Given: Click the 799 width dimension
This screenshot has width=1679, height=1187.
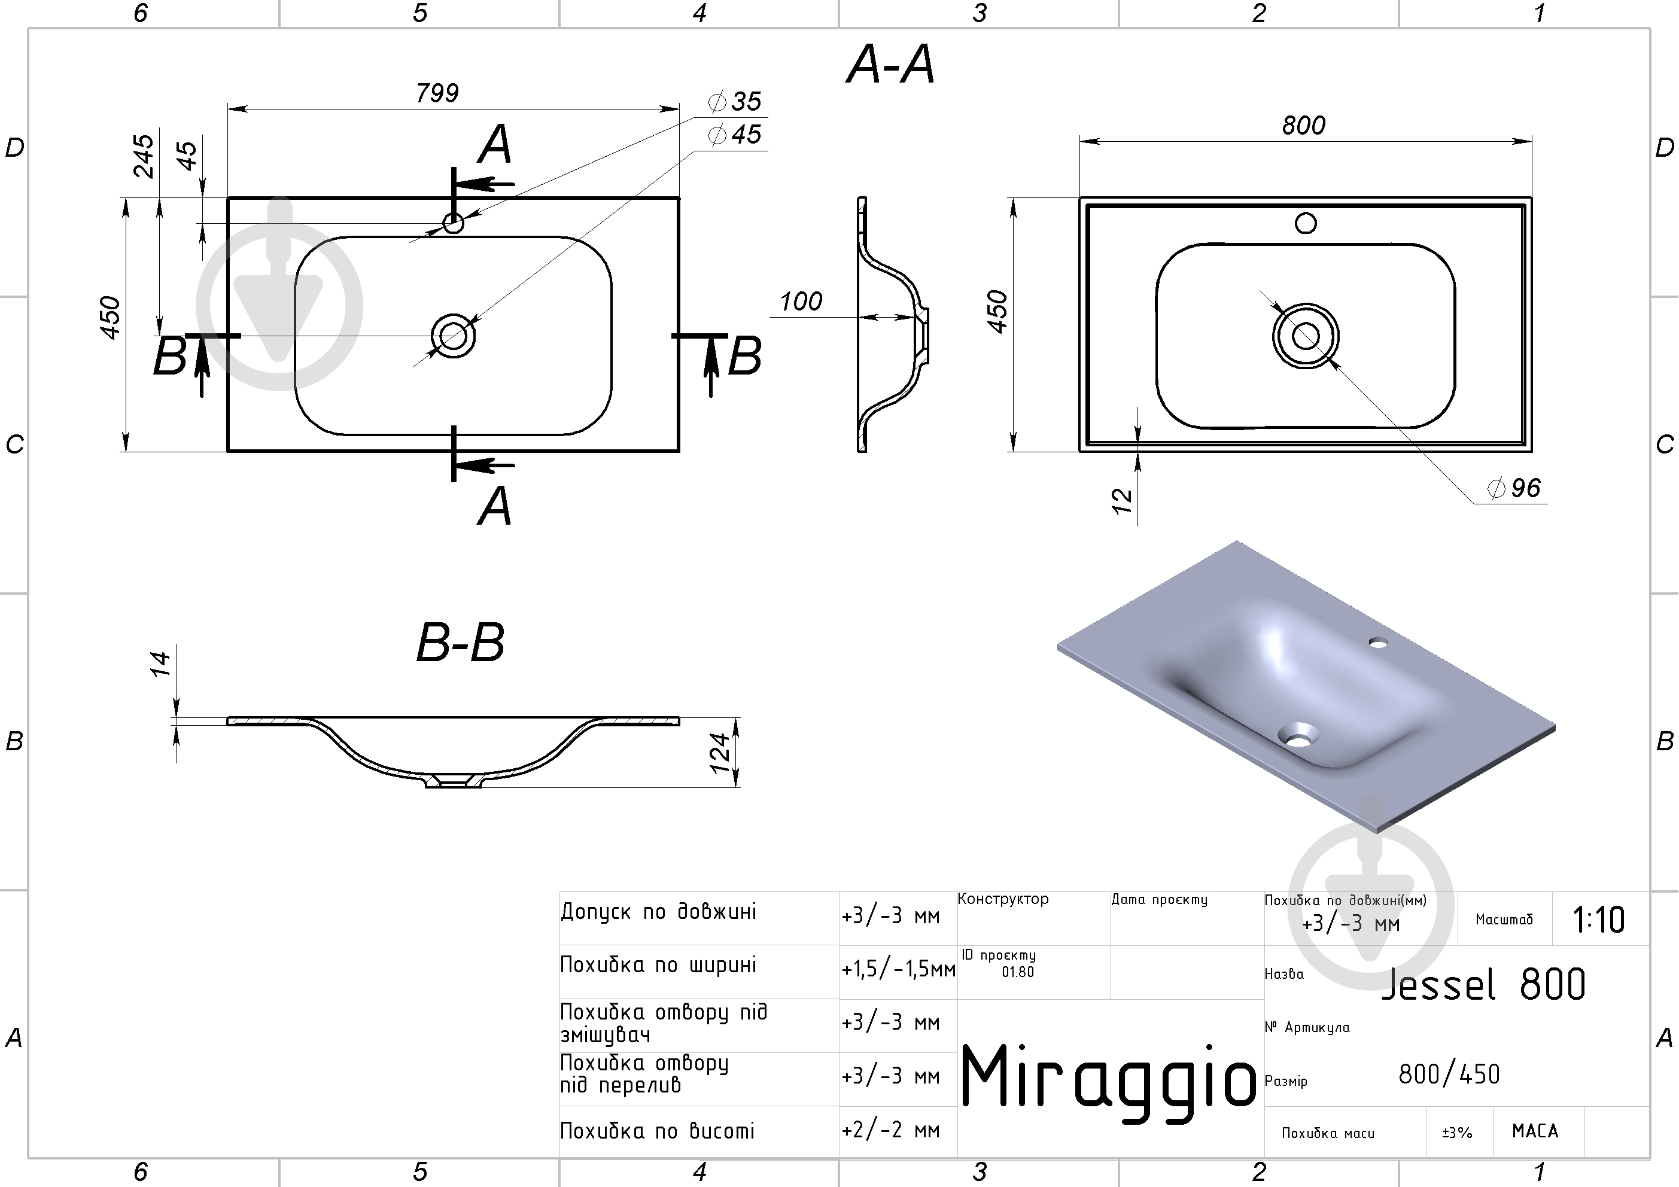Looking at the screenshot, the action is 437,93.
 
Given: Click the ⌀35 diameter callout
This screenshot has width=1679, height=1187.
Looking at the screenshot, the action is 735,101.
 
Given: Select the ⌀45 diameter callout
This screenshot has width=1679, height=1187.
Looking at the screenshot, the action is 735,135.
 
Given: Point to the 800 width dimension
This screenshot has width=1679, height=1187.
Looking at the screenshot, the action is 1303,126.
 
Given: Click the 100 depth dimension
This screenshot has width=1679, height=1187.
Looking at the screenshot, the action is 800,302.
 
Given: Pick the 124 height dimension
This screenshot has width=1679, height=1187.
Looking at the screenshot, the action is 720,753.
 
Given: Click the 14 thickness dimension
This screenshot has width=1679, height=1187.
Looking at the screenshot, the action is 160,664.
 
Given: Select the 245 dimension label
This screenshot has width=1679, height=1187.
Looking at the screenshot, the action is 144,156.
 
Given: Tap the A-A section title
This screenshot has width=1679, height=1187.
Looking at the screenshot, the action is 891,65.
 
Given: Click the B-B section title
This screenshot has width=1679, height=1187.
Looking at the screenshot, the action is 460,643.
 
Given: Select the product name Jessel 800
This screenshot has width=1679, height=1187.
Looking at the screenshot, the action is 1483,984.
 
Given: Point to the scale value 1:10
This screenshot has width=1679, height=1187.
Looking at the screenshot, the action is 1599,920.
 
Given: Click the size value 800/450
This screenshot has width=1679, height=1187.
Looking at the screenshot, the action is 1449,1075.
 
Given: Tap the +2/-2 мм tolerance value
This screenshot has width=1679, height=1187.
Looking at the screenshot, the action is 890,1131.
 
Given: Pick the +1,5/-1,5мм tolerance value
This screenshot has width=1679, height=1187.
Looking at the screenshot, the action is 898,969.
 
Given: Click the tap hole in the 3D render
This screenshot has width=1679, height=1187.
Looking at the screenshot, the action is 1379,642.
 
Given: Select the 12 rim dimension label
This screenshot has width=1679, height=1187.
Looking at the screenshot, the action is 1121,501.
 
